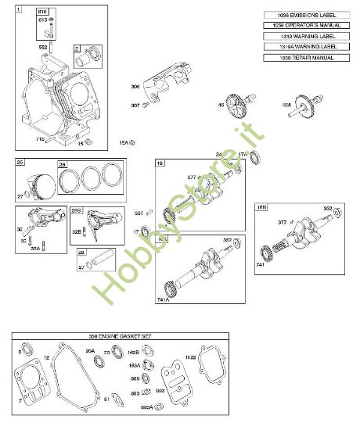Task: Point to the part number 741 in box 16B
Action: [261, 266]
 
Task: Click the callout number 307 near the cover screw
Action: [135, 106]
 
